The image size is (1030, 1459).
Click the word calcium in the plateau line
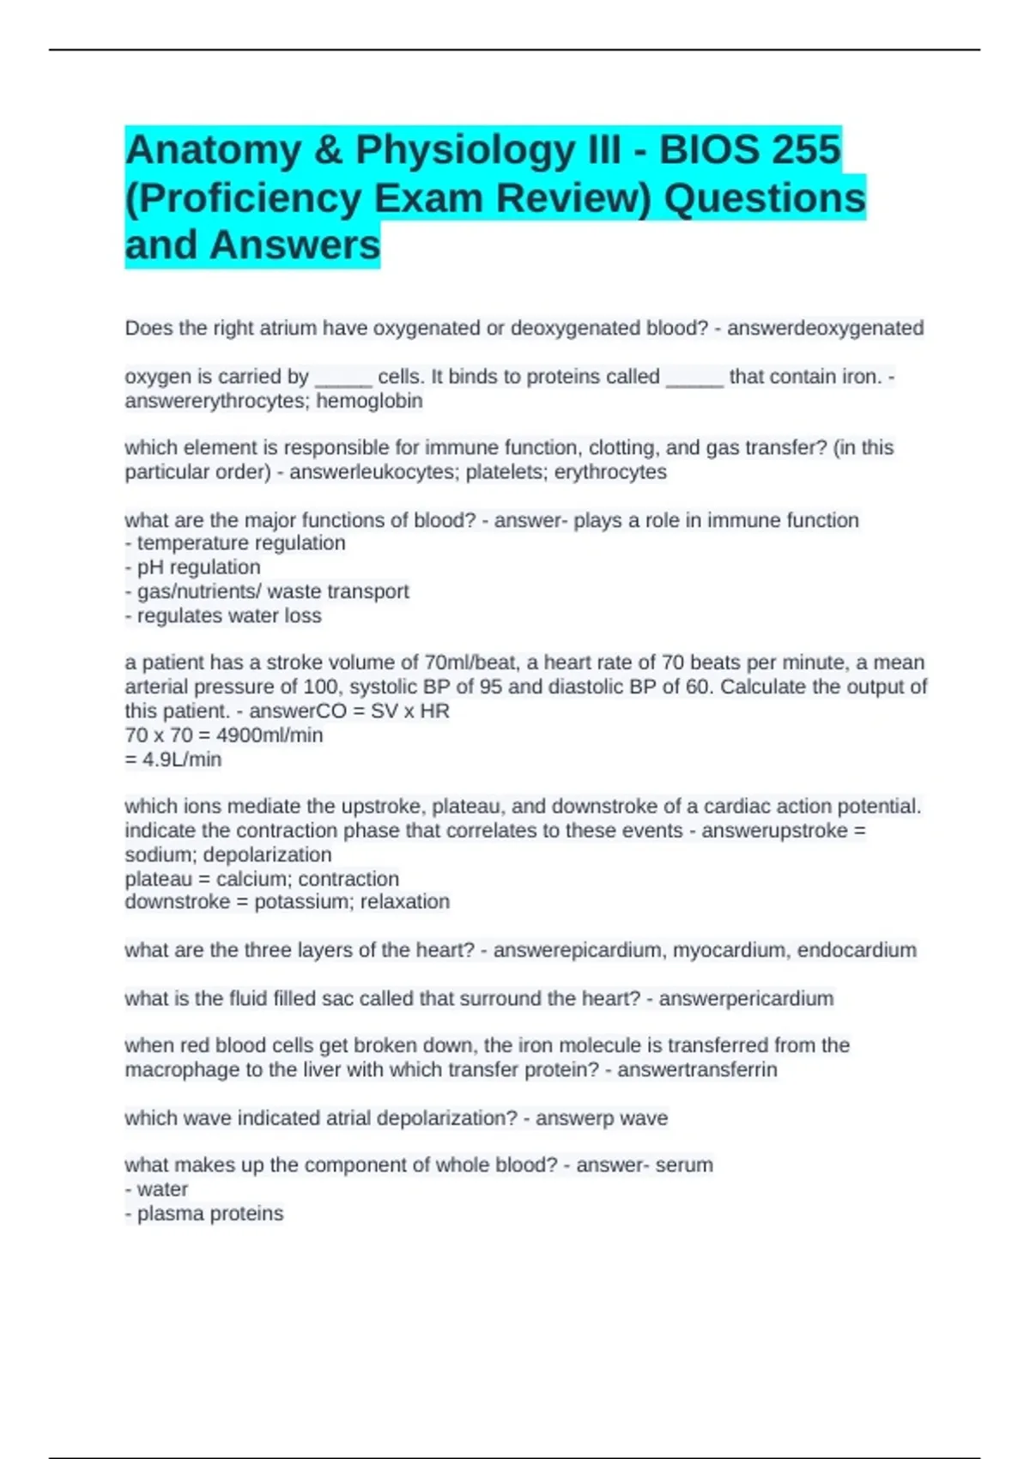tap(251, 879)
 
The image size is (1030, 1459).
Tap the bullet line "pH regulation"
tap(198, 567)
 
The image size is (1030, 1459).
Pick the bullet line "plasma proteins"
tap(209, 1214)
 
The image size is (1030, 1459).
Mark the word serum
tap(684, 1165)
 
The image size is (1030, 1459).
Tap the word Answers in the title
tap(294, 245)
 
